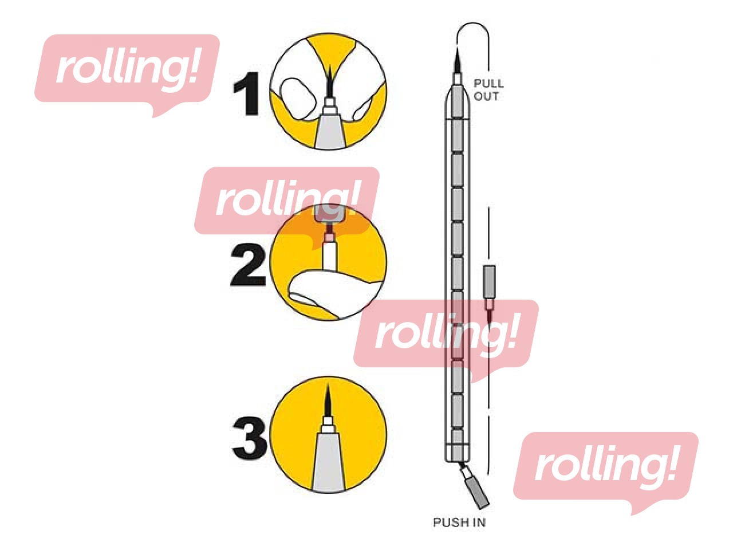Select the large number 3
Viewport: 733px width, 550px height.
click(x=250, y=438)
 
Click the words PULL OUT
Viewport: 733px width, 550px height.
click(x=488, y=90)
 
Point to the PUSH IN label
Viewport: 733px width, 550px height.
click(x=459, y=522)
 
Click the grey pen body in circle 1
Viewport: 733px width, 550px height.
click(x=330, y=132)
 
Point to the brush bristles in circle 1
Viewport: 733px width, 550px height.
click(x=330, y=82)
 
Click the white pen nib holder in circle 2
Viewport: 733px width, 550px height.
click(x=329, y=256)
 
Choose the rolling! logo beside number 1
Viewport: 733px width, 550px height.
click(x=127, y=75)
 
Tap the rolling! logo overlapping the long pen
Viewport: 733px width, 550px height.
click(x=446, y=341)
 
